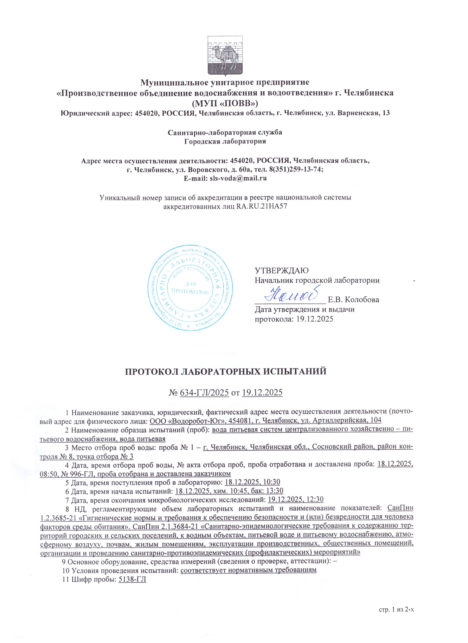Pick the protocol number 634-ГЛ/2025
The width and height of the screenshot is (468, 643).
click(x=204, y=393)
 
